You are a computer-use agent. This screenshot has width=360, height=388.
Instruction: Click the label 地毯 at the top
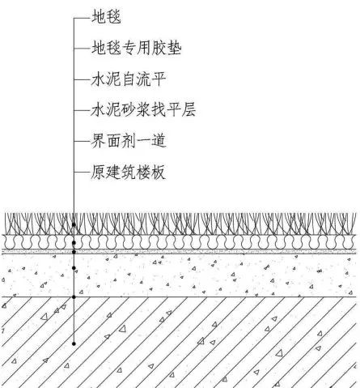point(106,17)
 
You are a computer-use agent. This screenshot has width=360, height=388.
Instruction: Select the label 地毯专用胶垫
point(137,48)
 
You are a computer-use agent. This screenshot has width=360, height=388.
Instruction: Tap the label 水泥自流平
point(129,79)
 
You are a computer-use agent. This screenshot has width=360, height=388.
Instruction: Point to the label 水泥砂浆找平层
point(143,109)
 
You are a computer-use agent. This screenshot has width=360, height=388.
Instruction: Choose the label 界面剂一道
point(128,141)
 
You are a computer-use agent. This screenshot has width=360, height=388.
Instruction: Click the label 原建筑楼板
point(128,172)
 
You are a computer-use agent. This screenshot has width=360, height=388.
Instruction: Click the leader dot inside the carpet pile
point(74,224)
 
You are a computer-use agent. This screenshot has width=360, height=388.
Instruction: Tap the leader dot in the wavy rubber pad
point(74,243)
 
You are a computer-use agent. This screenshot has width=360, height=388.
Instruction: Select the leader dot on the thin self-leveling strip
point(74,252)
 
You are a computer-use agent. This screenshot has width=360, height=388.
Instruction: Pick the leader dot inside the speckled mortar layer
point(74,268)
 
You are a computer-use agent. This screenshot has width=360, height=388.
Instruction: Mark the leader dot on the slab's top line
point(74,297)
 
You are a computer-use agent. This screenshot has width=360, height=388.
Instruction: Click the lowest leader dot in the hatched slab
point(74,343)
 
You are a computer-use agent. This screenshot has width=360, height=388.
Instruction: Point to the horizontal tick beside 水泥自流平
point(82,79)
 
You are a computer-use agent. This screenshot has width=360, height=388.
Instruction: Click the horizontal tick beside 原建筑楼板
point(82,172)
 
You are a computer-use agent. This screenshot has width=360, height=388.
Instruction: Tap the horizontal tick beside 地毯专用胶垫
point(82,49)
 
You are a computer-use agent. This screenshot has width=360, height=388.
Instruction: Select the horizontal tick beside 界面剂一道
point(82,141)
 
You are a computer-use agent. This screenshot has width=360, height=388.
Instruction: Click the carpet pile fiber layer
point(179,224)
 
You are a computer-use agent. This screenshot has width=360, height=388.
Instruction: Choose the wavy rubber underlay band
point(179,242)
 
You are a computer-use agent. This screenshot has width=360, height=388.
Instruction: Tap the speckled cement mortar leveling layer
point(179,275)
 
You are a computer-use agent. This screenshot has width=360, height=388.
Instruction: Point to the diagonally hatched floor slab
point(179,343)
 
